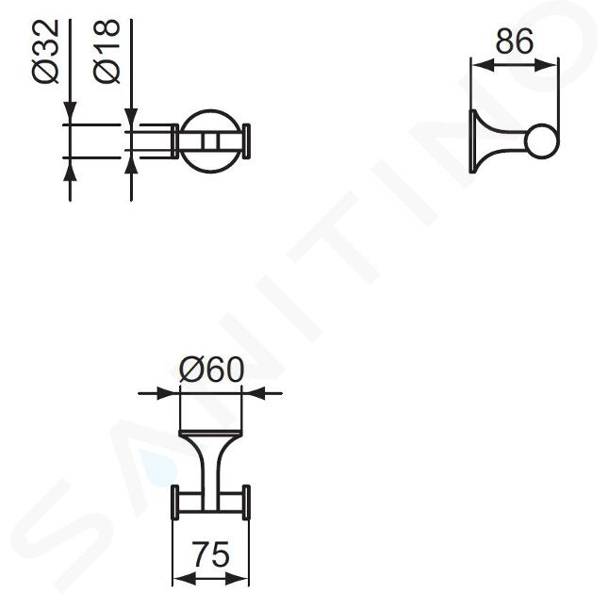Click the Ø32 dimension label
pyautogui.click(x=46, y=52)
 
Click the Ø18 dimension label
pyautogui.click(x=107, y=52)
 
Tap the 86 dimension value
pyautogui.click(x=514, y=41)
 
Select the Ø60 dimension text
pyautogui.click(x=212, y=370)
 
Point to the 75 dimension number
pyautogui.click(x=212, y=554)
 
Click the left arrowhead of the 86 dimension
pyautogui.click(x=483, y=65)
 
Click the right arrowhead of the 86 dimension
pyautogui.click(x=547, y=65)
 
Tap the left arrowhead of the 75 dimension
pyautogui.click(x=184, y=579)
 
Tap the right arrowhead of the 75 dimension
pyautogui.click(x=237, y=579)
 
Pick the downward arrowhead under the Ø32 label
pyautogui.click(x=70, y=112)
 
